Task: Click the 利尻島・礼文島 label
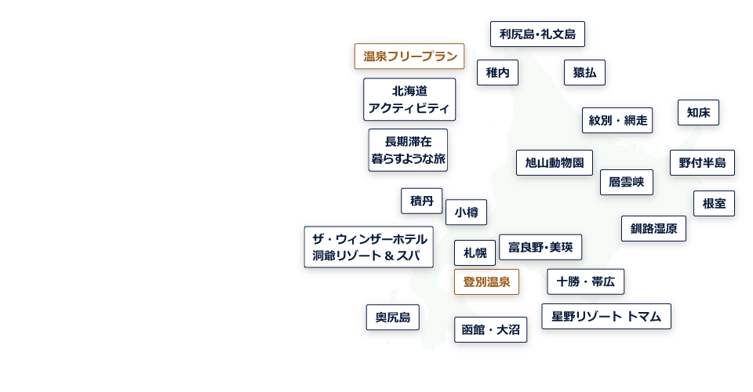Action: pyautogui.click(x=537, y=34)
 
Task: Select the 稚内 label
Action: pyautogui.click(x=497, y=73)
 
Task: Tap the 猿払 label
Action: pyautogui.click(x=584, y=73)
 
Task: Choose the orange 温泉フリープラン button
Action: pyautogui.click(x=409, y=56)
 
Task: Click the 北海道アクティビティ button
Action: pyautogui.click(x=409, y=99)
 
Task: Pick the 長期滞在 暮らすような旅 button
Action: pyautogui.click(x=408, y=150)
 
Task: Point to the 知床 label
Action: pyautogui.click(x=698, y=112)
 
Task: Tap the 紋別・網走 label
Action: pyautogui.click(x=617, y=120)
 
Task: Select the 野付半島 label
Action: pyautogui.click(x=702, y=163)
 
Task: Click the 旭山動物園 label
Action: pyautogui.click(x=554, y=163)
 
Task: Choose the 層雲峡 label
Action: pyautogui.click(x=626, y=182)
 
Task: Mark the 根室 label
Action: pyautogui.click(x=714, y=204)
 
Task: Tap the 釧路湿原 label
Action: pyautogui.click(x=653, y=229)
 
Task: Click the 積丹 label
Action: pyautogui.click(x=421, y=201)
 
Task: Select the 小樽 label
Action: pyautogui.click(x=466, y=212)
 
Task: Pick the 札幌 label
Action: pyautogui.click(x=475, y=252)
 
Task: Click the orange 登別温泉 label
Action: pyautogui.click(x=486, y=282)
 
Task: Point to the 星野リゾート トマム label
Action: pyautogui.click(x=606, y=317)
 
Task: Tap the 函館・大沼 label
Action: pyautogui.click(x=490, y=330)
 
